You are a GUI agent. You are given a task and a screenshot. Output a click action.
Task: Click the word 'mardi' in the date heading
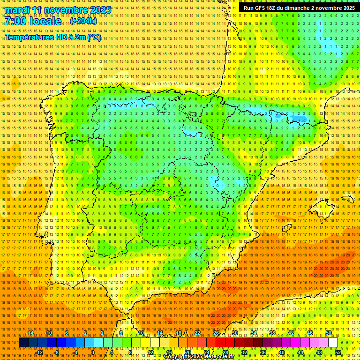click(18, 10)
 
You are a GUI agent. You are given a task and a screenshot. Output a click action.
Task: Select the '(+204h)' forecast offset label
click(83, 21)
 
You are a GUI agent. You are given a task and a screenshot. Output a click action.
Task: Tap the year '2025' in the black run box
click(347, 8)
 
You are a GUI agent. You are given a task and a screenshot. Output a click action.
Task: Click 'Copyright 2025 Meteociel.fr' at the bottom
click(199, 356)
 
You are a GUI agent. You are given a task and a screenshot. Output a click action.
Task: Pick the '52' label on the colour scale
click(338, 352)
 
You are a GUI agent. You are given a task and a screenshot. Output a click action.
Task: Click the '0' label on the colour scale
click(93, 352)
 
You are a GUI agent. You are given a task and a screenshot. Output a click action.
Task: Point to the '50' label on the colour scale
click(329, 333)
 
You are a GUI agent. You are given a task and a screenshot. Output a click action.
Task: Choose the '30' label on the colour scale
click(234, 333)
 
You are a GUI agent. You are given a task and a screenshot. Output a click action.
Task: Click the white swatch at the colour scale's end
click(333, 343)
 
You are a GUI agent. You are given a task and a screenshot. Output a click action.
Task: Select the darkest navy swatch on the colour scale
click(23, 343)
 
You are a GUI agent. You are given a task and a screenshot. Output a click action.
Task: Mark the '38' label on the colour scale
click(272, 333)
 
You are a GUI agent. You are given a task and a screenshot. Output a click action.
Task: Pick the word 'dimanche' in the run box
click(295, 8)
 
